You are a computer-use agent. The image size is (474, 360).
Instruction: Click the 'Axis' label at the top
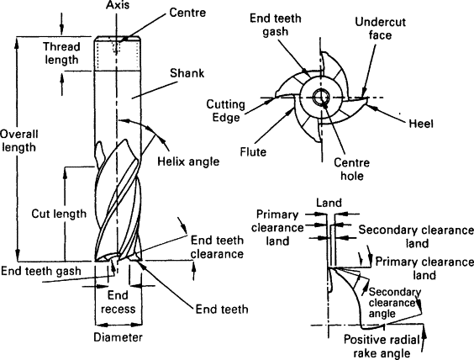[x=118, y=5]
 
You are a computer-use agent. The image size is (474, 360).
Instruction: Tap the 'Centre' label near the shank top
[x=187, y=13]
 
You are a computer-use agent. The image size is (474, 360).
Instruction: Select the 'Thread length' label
[x=61, y=53]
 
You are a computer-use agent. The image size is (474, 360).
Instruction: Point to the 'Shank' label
[x=187, y=73]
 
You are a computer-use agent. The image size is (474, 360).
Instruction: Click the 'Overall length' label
[x=19, y=140]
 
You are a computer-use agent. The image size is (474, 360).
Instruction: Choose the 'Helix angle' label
[x=188, y=161]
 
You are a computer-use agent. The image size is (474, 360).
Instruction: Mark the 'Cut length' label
[x=59, y=214]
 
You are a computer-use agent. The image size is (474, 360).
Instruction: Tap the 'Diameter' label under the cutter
[x=118, y=337]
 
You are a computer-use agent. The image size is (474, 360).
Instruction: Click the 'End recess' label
[x=118, y=302]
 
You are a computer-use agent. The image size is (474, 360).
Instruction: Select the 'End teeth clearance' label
[x=217, y=247]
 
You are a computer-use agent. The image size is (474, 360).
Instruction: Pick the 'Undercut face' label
[x=380, y=29]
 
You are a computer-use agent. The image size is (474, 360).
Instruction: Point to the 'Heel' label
[x=421, y=124]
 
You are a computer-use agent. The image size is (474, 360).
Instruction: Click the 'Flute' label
[x=253, y=151]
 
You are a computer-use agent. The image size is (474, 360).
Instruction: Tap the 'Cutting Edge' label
[x=225, y=111]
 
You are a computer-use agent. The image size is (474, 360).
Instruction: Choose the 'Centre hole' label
[x=351, y=169]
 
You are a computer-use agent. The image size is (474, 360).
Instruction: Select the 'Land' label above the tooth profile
[x=329, y=203]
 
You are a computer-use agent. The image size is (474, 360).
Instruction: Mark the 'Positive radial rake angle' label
[x=382, y=347]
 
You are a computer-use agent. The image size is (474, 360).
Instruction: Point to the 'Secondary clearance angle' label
[x=394, y=303]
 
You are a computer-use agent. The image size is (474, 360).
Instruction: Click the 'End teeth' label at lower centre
[x=222, y=310]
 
